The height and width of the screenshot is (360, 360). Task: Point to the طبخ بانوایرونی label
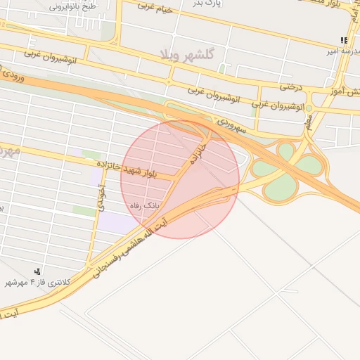(x=73, y=6)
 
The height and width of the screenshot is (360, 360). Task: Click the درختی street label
(x=290, y=87)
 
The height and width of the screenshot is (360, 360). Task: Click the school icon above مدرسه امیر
(x=343, y=40)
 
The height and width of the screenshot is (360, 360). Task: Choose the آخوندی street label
(x=103, y=198)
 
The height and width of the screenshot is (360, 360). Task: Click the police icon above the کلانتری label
(x=37, y=271)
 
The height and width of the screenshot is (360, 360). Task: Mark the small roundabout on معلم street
(x=309, y=108)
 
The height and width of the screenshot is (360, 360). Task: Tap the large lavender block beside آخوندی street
(x=117, y=221)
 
